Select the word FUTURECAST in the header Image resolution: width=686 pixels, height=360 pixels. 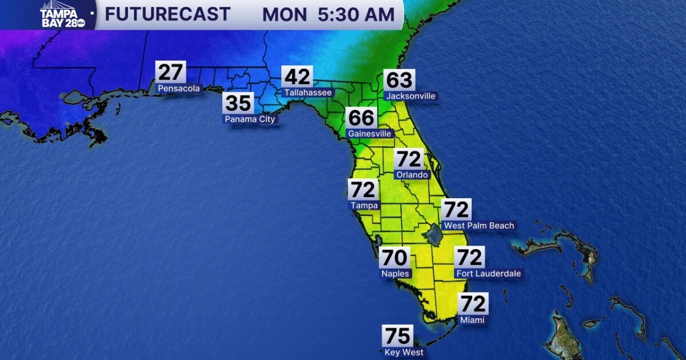coord(167,14)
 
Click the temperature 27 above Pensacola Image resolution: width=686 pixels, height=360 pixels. coord(171,73)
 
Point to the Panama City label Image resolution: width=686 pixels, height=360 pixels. coord(250,119)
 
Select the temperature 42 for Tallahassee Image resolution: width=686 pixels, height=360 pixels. coord(297,77)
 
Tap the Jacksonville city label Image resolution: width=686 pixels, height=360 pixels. coord(410,96)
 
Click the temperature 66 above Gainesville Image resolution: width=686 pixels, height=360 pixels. coord(361,118)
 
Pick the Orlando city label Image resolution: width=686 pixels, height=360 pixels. coord(411,174)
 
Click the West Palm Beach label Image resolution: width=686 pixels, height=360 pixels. coord(479,226)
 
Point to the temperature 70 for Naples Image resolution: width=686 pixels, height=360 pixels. coord(394,258)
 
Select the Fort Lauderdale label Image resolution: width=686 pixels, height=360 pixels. coord(488,274)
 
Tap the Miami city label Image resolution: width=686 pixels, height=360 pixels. coord(472,320)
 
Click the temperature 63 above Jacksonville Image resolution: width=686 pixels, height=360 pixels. coord(399,81)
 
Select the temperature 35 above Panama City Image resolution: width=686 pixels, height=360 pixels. coord(238,103)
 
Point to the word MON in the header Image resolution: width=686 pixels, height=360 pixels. coord(284,15)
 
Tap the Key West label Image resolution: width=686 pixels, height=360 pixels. coord(404,352)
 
